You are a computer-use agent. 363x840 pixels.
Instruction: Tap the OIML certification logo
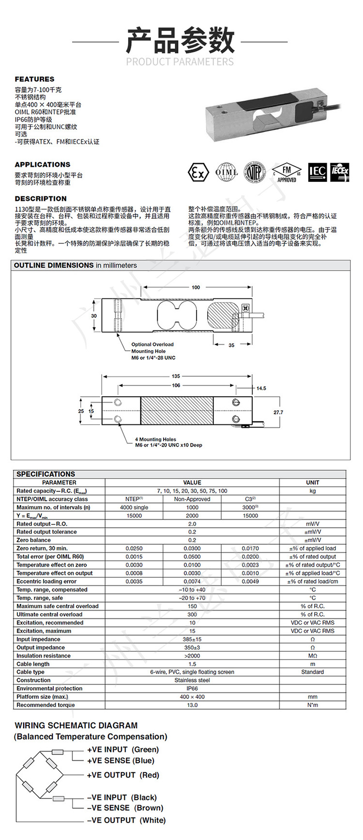coord(227,172)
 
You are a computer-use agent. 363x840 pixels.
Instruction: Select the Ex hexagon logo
coord(198,173)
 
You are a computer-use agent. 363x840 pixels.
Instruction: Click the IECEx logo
coord(340,172)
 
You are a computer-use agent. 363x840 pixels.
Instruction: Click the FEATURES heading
coord(34,79)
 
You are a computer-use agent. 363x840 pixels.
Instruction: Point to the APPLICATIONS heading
coord(43,165)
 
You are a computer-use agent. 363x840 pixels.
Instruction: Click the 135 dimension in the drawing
coord(176,376)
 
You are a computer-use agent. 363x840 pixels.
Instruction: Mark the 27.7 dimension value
coord(278,412)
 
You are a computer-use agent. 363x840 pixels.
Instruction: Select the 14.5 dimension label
coord(261,388)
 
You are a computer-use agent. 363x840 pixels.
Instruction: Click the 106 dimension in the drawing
coord(176,386)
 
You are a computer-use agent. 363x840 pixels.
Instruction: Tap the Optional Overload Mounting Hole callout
coord(153,351)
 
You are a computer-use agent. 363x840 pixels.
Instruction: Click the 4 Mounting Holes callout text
coord(168,442)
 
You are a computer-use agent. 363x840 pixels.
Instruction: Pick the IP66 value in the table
coord(192,689)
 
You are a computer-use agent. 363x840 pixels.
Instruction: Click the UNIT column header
coord(313,482)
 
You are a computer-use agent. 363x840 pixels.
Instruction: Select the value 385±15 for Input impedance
coord(192,639)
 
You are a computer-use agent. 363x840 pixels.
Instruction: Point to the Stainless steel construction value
coord(192,680)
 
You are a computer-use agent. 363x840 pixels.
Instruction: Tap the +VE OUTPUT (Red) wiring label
coord(123,775)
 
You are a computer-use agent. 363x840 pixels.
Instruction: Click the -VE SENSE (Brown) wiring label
coord(125,808)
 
